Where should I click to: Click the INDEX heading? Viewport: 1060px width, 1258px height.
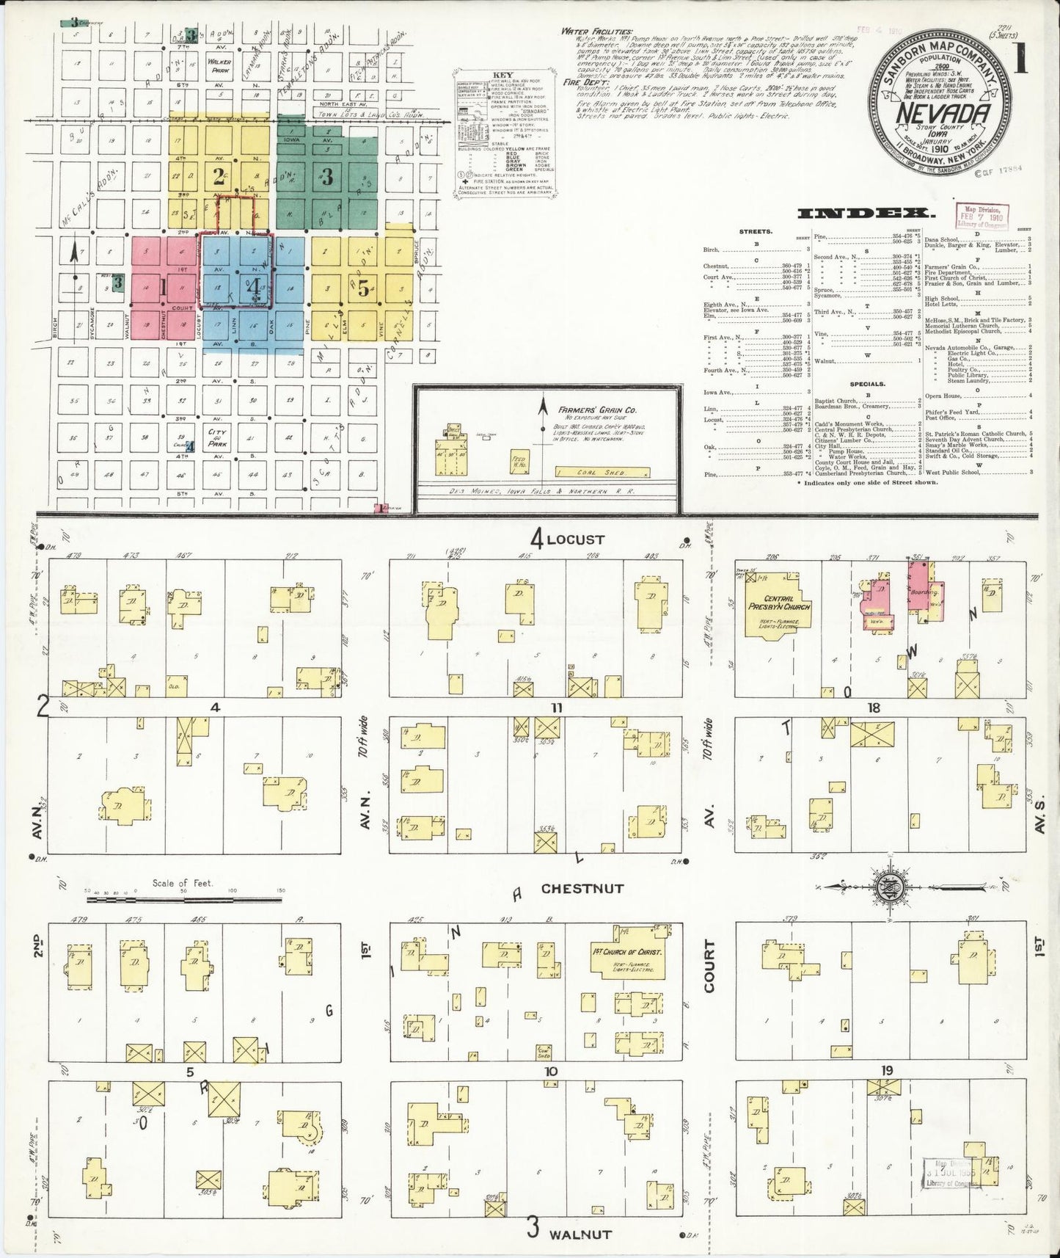coord(866,214)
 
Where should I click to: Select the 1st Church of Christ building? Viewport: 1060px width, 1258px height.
coord(626,955)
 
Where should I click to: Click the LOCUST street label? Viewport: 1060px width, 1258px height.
coord(574,539)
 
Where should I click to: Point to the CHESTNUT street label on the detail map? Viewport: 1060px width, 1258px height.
coord(582,888)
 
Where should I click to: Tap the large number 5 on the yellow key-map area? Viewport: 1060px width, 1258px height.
coord(363,288)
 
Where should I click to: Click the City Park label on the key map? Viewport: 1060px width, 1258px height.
coord(217,438)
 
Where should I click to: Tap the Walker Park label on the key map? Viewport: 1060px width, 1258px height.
coord(219,67)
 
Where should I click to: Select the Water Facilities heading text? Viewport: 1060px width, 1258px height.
coord(596,32)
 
